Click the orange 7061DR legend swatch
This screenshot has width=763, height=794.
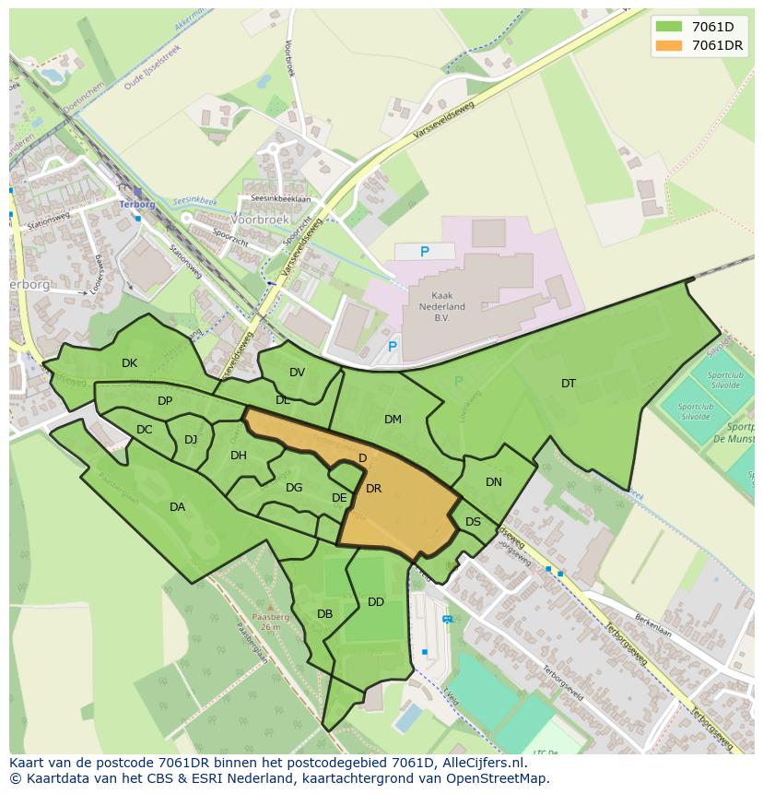click(x=671, y=45)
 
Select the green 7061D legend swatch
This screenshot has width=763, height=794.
click(x=671, y=27)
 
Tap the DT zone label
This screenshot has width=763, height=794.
click(x=569, y=384)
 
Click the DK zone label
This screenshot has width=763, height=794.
click(x=129, y=363)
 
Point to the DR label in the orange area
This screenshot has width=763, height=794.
click(x=373, y=489)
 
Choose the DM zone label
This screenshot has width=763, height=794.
click(x=393, y=420)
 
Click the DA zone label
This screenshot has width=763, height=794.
click(x=177, y=507)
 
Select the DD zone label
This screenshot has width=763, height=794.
click(x=376, y=602)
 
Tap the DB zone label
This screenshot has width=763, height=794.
click(x=324, y=614)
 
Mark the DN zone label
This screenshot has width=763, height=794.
click(x=494, y=482)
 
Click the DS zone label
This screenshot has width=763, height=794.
click(x=473, y=522)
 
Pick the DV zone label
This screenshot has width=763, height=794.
click(x=297, y=373)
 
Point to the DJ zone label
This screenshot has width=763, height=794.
click(x=191, y=440)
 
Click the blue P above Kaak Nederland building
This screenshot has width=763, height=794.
click(x=425, y=252)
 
